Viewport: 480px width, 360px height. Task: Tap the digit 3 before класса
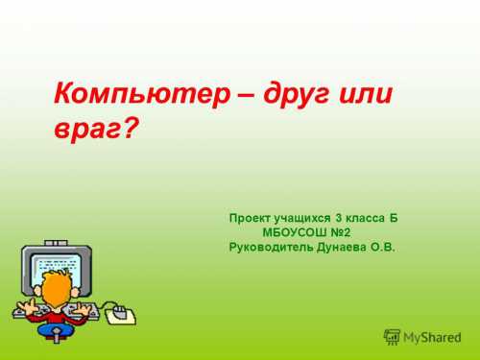tap(339, 218)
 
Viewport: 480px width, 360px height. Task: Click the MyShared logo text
tap(431, 337)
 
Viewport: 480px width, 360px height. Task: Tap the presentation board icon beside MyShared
tap(392, 337)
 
